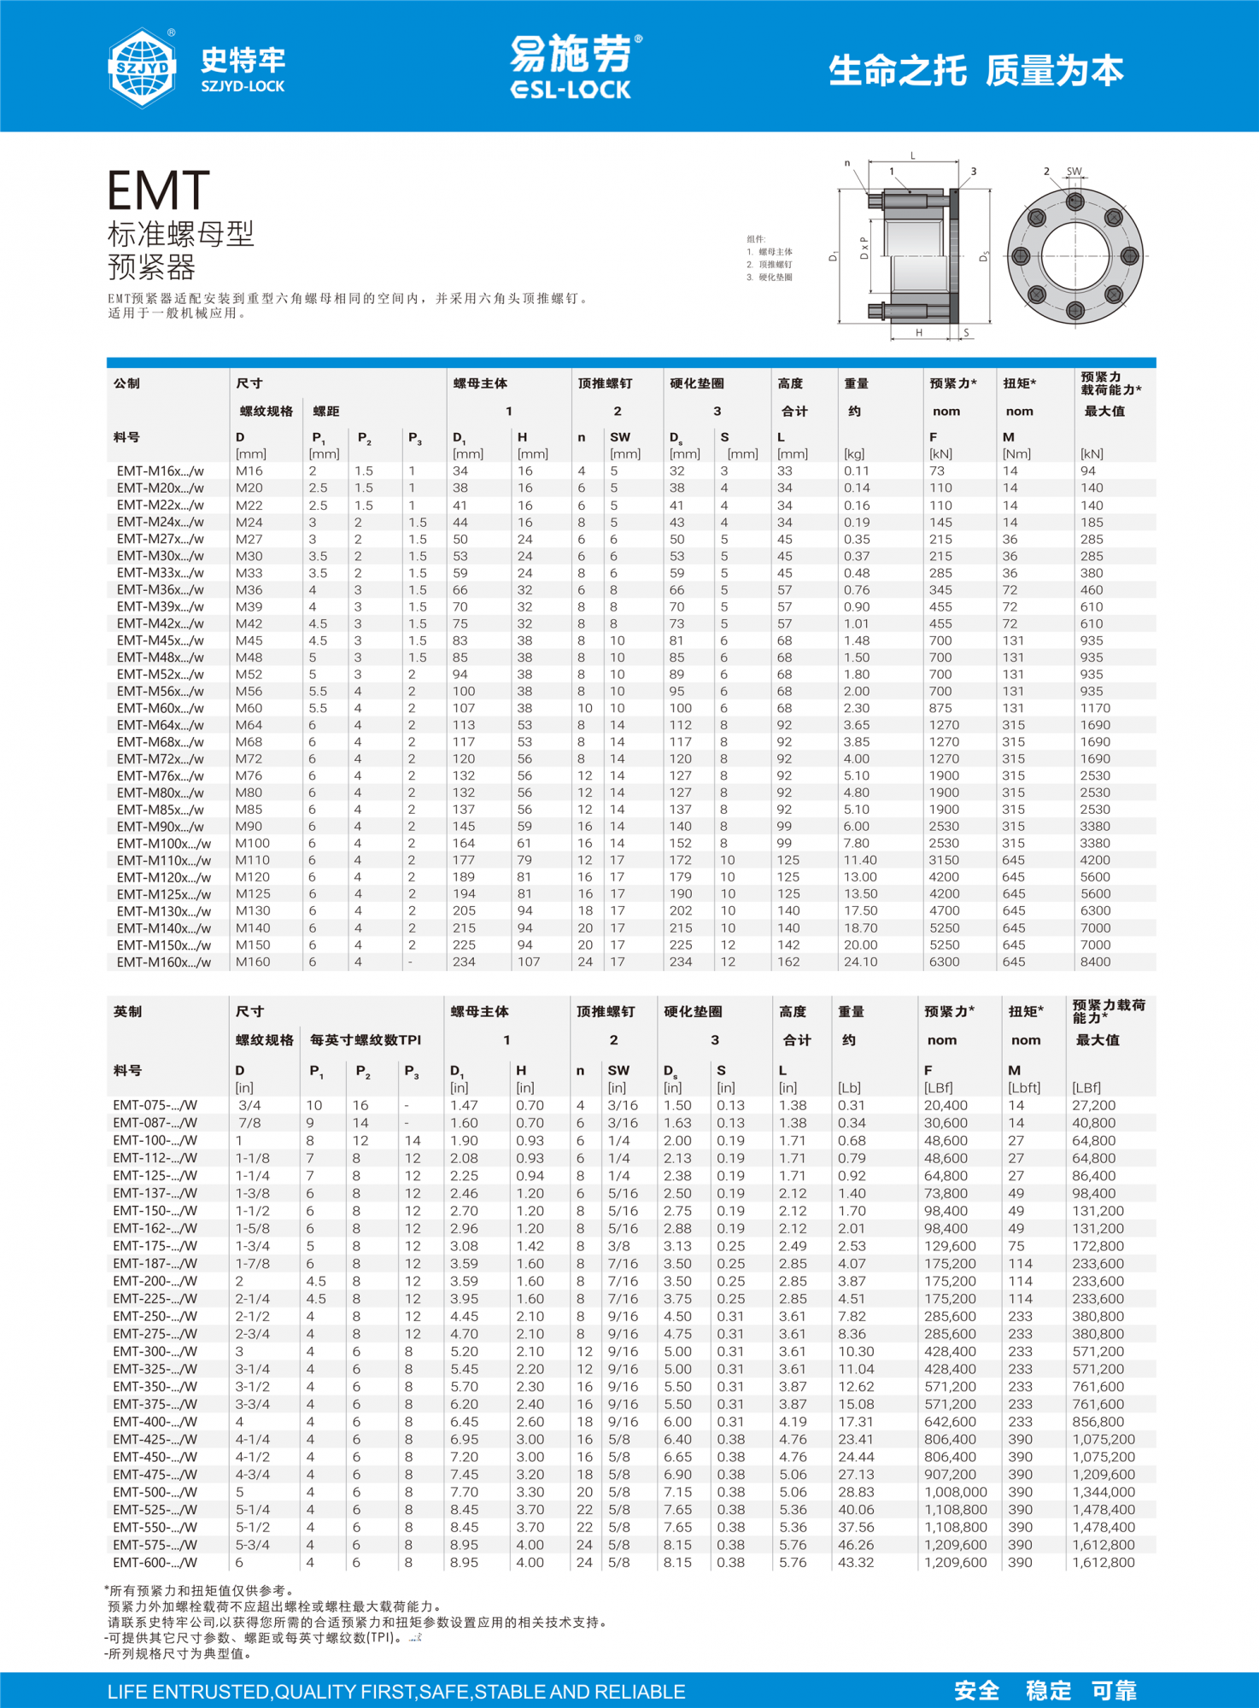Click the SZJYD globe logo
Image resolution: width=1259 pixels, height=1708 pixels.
click(142, 67)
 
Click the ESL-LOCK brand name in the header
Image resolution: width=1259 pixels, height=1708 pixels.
click(571, 90)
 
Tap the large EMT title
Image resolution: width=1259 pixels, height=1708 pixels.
click(159, 190)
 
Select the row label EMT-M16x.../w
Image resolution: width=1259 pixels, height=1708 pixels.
click(161, 471)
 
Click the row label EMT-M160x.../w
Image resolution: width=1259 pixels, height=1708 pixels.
click(164, 962)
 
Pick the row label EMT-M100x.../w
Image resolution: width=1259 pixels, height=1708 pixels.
click(164, 844)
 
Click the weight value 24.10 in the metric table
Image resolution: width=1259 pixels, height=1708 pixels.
click(860, 962)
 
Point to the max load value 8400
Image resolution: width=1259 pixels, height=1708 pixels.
click(1095, 962)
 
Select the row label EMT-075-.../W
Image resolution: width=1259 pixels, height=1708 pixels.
click(155, 1106)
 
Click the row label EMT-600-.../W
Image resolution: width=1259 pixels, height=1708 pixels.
click(155, 1563)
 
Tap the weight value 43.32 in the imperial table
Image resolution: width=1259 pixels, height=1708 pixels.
click(856, 1563)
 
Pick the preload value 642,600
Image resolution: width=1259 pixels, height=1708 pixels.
click(950, 1422)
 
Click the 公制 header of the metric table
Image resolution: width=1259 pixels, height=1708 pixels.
click(126, 383)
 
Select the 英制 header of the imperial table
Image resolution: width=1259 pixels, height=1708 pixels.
click(127, 1012)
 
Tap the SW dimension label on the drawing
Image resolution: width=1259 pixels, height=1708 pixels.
click(1074, 172)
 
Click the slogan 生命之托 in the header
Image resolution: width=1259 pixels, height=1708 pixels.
click(897, 71)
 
